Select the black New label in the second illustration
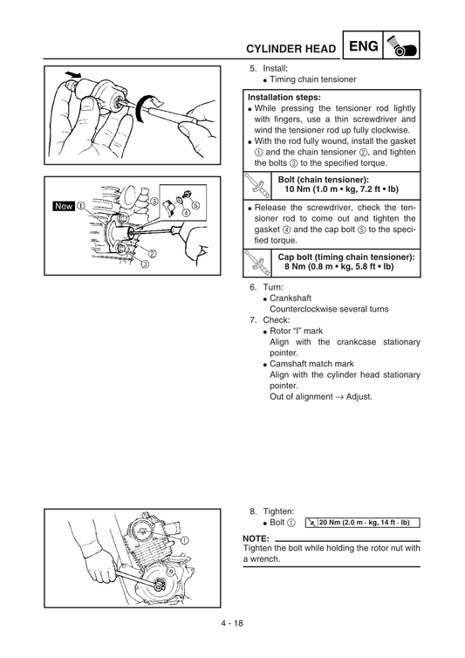tap(64, 207)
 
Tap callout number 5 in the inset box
tap(196, 205)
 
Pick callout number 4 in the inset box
tap(185, 214)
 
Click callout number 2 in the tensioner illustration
tap(152, 254)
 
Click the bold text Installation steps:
tap(284, 98)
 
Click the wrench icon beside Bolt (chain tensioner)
tap(256, 184)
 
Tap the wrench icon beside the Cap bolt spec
tap(256, 262)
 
